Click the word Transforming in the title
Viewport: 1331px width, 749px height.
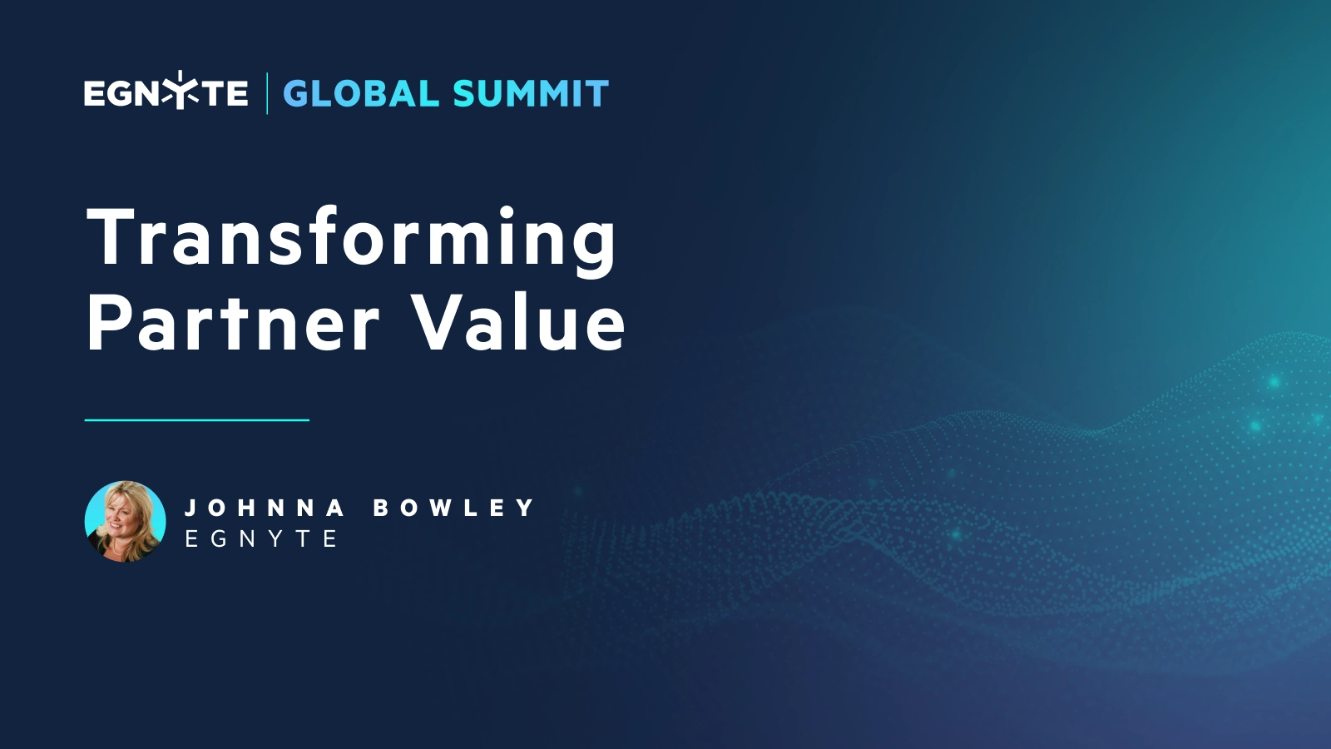click(x=351, y=238)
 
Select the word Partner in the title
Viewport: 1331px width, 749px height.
click(x=233, y=324)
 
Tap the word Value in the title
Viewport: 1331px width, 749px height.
click(x=519, y=324)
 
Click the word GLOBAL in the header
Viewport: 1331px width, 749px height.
click(x=361, y=94)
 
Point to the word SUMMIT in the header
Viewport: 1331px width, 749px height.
click(x=531, y=94)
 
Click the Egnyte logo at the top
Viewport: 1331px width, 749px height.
click(x=166, y=92)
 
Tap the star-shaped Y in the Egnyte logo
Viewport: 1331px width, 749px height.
click(x=180, y=91)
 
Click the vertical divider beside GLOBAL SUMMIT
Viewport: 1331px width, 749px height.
click(x=267, y=93)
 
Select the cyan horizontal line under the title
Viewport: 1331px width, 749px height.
click(x=196, y=420)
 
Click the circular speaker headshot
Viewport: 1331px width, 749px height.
click(x=126, y=521)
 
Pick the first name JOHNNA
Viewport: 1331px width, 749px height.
click(x=264, y=508)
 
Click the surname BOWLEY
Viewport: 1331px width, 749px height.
click(x=453, y=508)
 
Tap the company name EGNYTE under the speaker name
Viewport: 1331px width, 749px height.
click(x=260, y=539)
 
